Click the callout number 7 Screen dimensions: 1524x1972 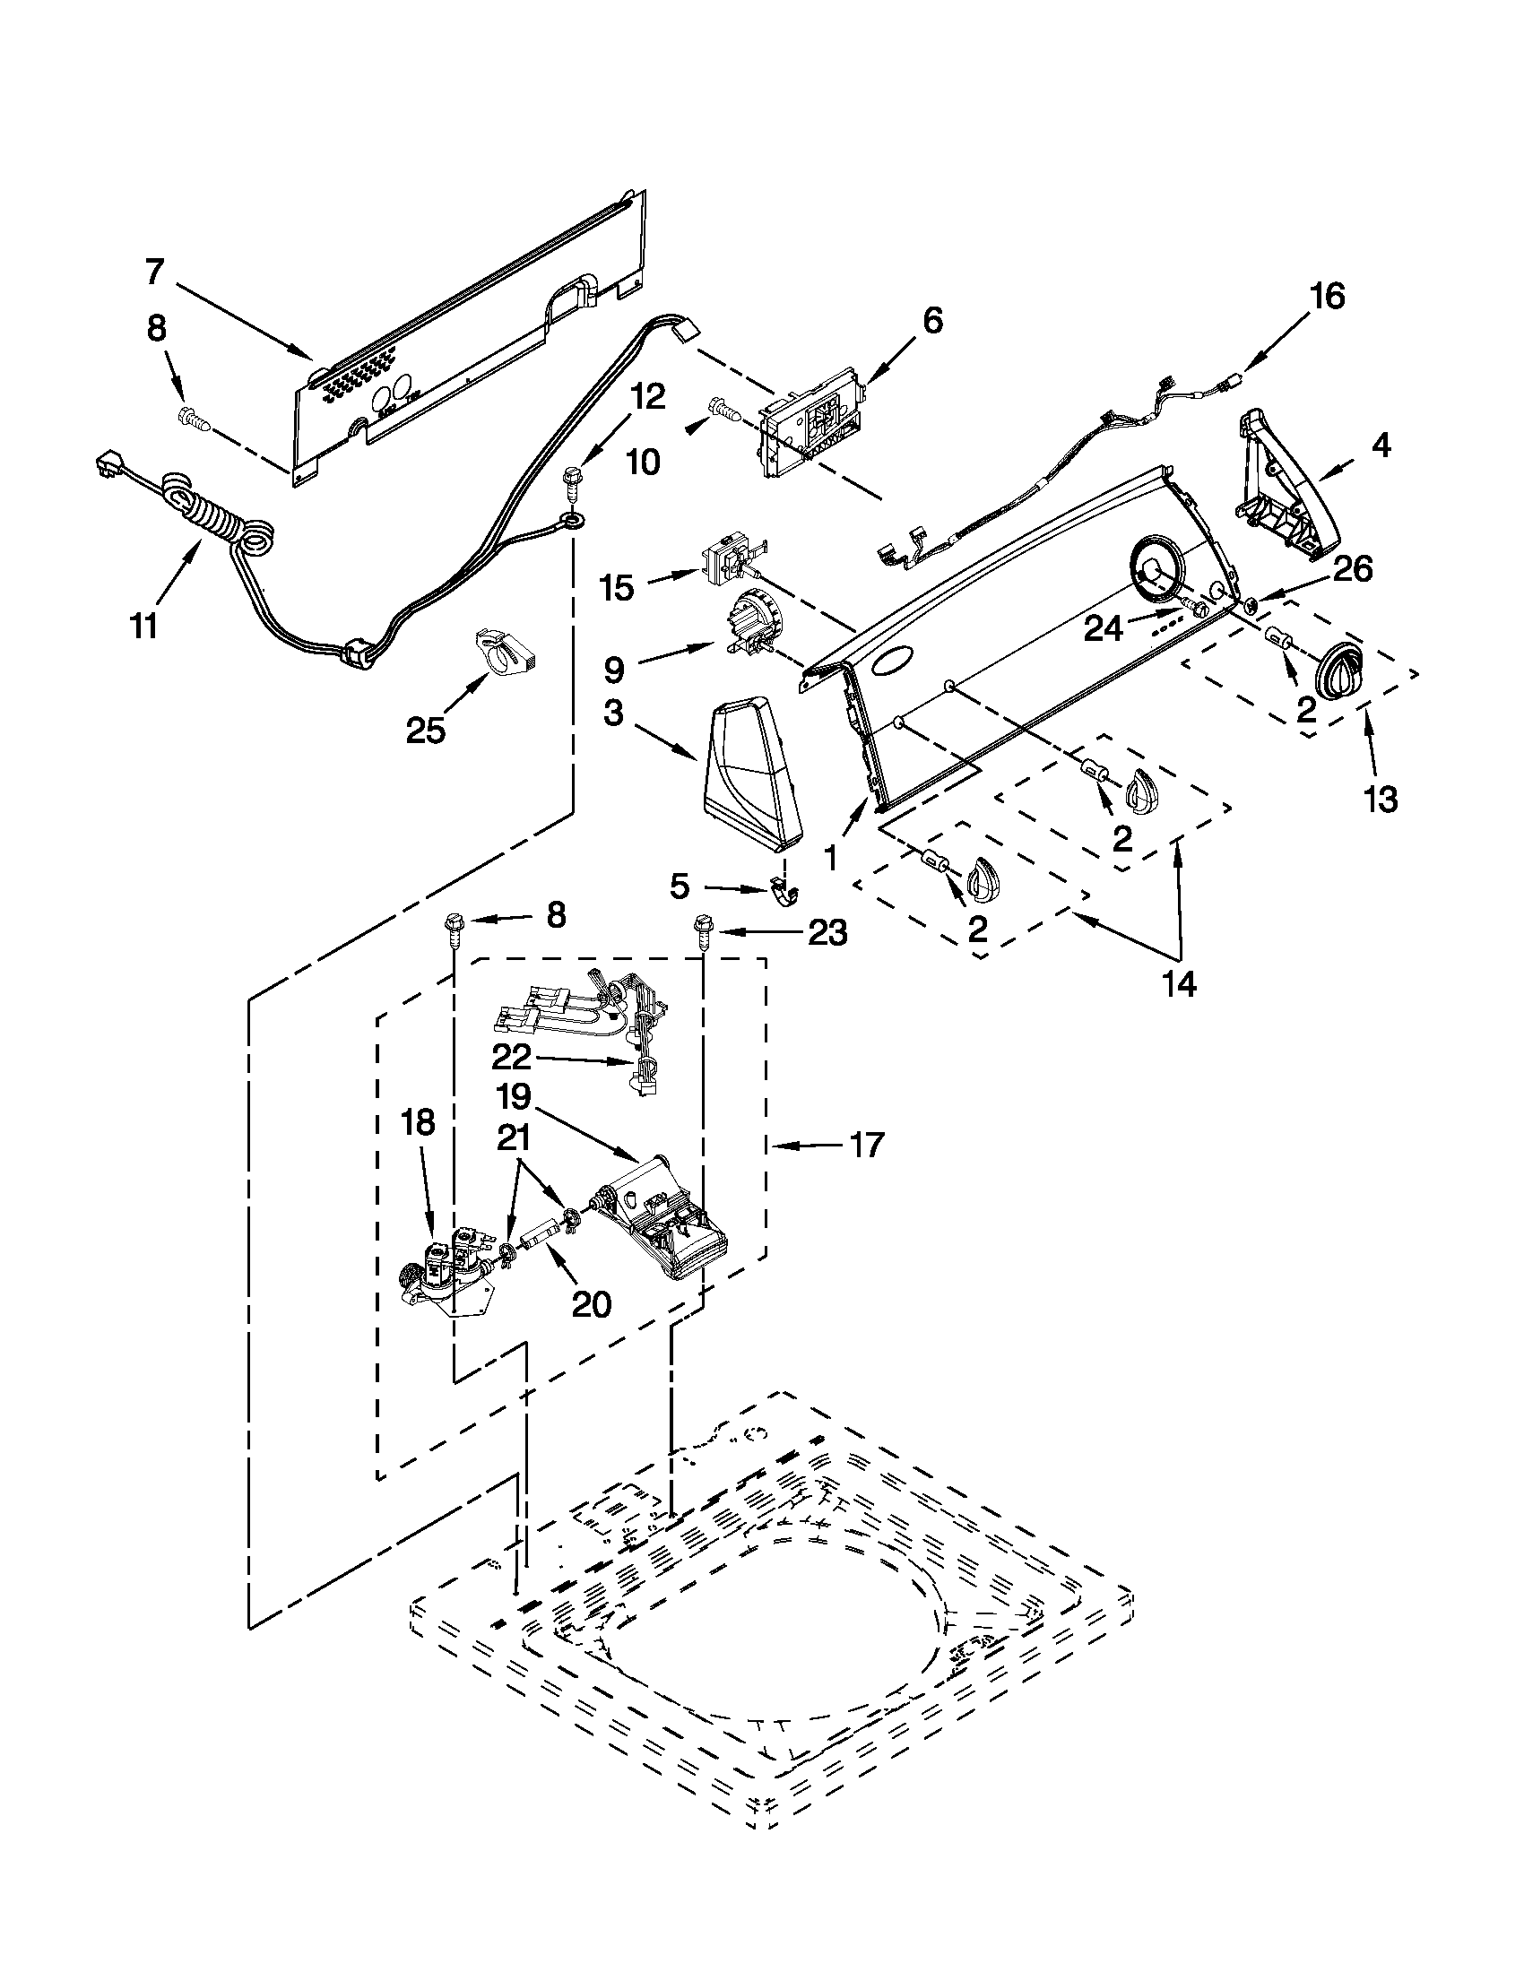[155, 271]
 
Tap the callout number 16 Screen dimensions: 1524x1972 [1327, 296]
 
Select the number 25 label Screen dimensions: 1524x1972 [425, 730]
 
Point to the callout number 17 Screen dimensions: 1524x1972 [867, 1146]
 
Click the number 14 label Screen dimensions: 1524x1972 [1179, 984]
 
